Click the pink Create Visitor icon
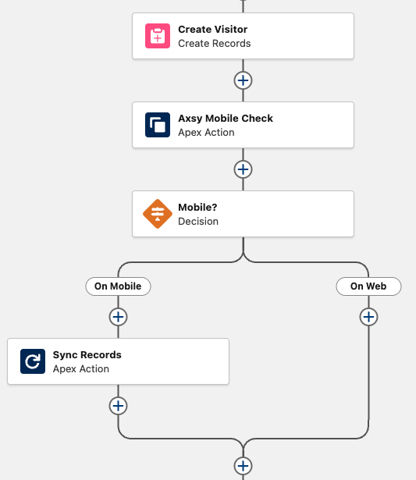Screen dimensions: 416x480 pyautogui.click(x=158, y=36)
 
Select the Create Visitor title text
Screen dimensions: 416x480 pyautogui.click(x=213, y=30)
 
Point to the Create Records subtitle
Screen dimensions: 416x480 pyautogui.click(x=215, y=44)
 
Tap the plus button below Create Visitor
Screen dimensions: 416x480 pyautogui.click(x=243, y=80)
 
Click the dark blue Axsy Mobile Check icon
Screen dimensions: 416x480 pyautogui.click(x=158, y=125)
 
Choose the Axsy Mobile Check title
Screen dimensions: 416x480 pyautogui.click(x=226, y=119)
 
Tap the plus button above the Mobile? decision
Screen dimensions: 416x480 pyautogui.click(x=243, y=169)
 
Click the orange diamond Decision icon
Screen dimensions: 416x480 pyautogui.click(x=158, y=214)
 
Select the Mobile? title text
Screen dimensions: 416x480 pyautogui.click(x=197, y=208)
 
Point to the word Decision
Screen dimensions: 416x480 pyautogui.click(x=198, y=222)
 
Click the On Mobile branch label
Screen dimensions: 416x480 pyautogui.click(x=118, y=286)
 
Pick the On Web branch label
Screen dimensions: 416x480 pyautogui.click(x=368, y=286)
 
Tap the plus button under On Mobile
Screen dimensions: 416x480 pyautogui.click(x=118, y=317)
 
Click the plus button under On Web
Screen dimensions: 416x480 pyautogui.click(x=368, y=317)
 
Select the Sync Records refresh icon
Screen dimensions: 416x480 pyautogui.click(x=33, y=361)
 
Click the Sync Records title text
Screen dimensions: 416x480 pyautogui.click(x=87, y=355)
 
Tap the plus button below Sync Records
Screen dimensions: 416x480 pyautogui.click(x=118, y=406)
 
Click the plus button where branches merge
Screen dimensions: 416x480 pyautogui.click(x=243, y=466)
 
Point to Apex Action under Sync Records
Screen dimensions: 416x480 pyautogui.click(x=81, y=369)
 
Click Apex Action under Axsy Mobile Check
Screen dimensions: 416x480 pyautogui.click(x=206, y=133)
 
